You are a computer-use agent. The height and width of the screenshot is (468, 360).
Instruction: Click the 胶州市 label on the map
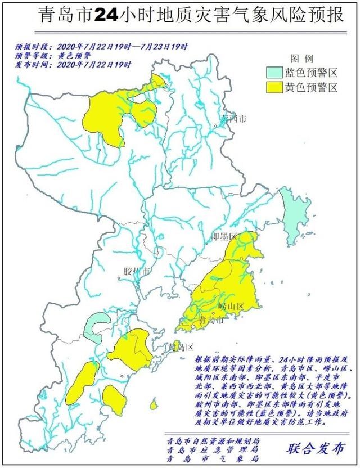click(x=137, y=272)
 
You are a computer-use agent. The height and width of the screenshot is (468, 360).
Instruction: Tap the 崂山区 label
click(x=231, y=306)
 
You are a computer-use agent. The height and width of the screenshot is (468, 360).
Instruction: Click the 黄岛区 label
click(x=182, y=347)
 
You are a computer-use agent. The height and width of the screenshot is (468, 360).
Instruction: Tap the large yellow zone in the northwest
click(x=107, y=118)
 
